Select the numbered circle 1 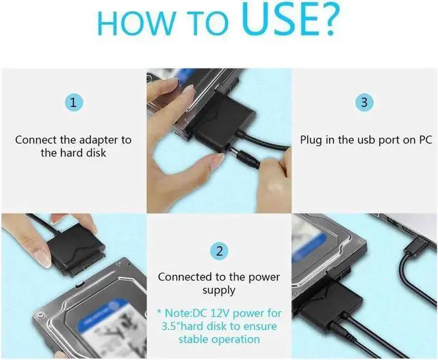point(73,103)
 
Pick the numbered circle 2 point(219,250)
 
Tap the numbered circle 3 point(364,103)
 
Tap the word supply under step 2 point(218,290)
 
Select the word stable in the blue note point(195,339)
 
